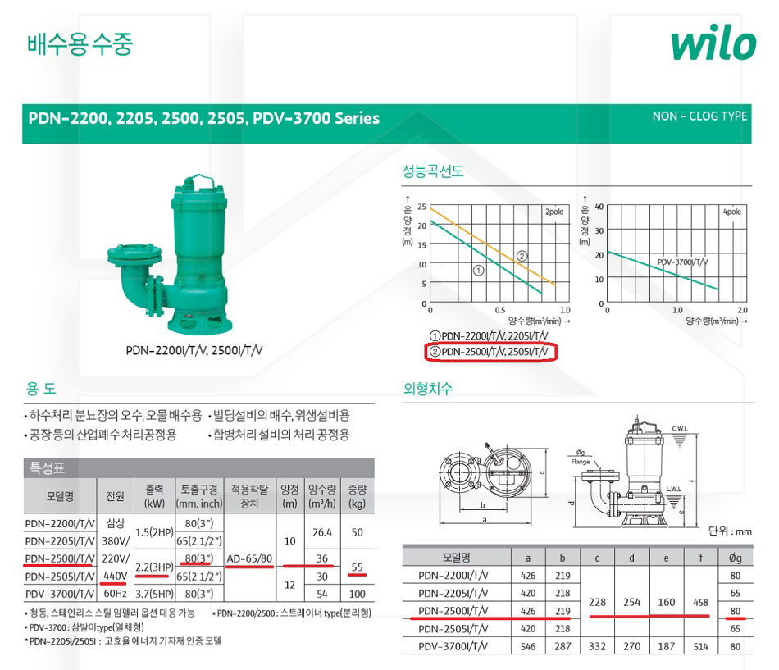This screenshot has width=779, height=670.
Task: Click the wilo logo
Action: tap(713, 43)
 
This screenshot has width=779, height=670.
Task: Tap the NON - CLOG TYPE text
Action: tap(699, 116)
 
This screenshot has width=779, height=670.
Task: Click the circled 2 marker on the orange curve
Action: tap(522, 256)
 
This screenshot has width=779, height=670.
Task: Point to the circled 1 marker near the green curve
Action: tap(478, 271)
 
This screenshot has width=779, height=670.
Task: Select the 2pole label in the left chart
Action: tap(554, 212)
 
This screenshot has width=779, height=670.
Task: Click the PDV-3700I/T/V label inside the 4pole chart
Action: tap(682, 262)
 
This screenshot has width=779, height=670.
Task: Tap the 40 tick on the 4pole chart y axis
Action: tap(599, 207)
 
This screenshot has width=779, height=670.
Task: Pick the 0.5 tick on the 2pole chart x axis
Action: tap(500, 310)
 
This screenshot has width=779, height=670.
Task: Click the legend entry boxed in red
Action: tap(491, 352)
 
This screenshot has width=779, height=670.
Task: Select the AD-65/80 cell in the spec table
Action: tap(249, 558)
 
